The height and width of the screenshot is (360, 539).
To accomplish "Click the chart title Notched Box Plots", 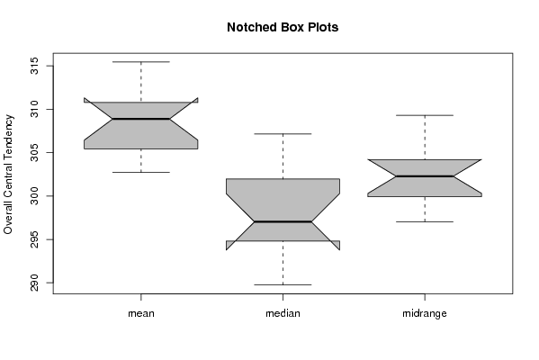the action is pyautogui.click(x=283, y=27).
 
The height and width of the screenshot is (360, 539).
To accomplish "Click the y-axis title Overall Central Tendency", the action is pyautogui.click(x=8, y=175).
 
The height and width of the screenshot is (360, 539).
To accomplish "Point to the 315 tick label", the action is pyautogui.click(x=34, y=66).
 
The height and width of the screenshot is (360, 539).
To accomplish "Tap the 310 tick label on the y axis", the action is pyautogui.click(x=34, y=109).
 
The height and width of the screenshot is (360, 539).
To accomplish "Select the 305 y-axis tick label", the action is pyautogui.click(x=34, y=153).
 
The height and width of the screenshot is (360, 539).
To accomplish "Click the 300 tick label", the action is pyautogui.click(x=34, y=196).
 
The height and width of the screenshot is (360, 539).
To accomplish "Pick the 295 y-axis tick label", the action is pyautogui.click(x=34, y=239).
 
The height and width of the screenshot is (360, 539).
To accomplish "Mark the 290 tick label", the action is pyautogui.click(x=34, y=283).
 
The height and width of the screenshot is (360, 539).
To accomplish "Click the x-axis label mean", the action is pyautogui.click(x=141, y=313).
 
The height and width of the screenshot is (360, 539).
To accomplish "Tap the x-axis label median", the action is pyautogui.click(x=283, y=313).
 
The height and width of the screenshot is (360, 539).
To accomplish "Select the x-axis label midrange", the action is pyautogui.click(x=425, y=313).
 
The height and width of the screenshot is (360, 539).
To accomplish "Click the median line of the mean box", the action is pyautogui.click(x=141, y=119).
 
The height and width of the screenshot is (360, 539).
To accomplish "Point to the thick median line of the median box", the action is pyautogui.click(x=283, y=221).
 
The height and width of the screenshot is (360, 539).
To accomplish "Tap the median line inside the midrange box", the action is pyautogui.click(x=425, y=176).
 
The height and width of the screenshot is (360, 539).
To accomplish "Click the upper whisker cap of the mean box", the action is pyautogui.click(x=141, y=62).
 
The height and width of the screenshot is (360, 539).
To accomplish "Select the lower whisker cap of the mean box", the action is pyautogui.click(x=141, y=172).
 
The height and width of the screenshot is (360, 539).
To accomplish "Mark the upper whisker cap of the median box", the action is pyautogui.click(x=283, y=134).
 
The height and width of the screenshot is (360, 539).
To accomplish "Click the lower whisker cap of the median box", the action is pyautogui.click(x=283, y=284).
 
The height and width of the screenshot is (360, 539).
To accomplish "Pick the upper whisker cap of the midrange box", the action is pyautogui.click(x=425, y=115).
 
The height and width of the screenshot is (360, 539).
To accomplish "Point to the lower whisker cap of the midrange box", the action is pyautogui.click(x=425, y=221).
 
